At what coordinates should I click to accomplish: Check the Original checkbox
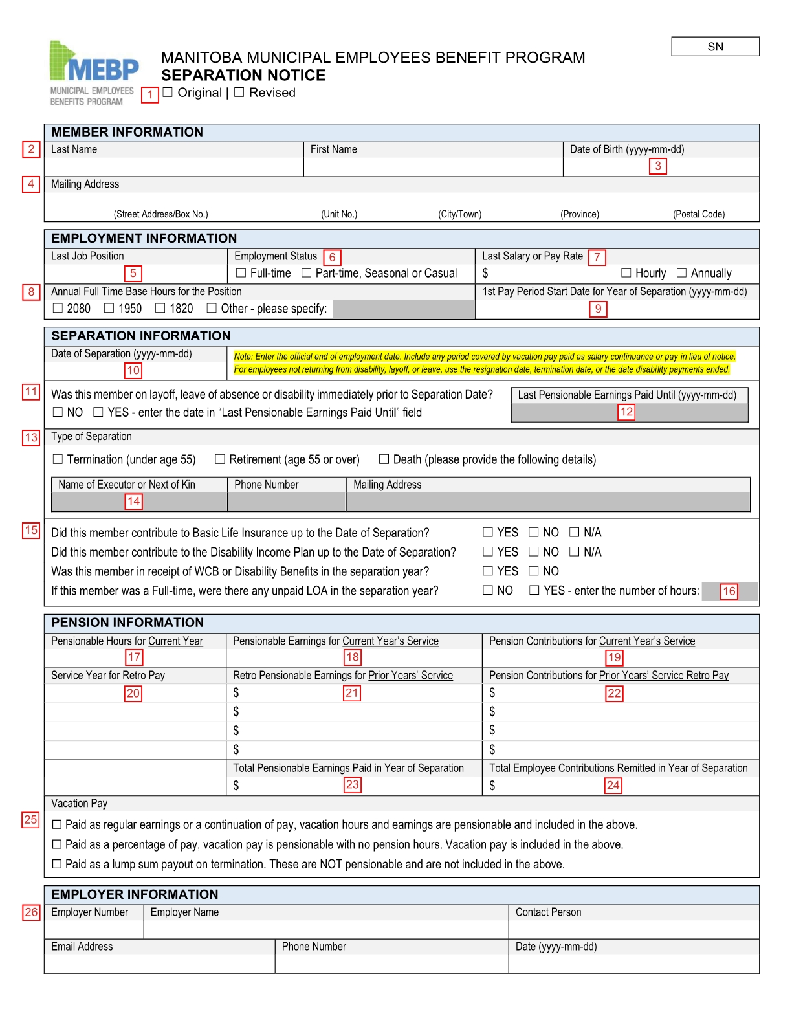pos(168,93)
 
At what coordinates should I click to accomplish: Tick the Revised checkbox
pos(239,93)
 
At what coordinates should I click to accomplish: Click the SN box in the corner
pos(715,47)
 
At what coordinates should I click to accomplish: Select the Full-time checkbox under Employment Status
pos(241,273)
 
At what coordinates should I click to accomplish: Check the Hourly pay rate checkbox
pos(626,273)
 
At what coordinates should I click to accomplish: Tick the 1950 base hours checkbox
pos(109,308)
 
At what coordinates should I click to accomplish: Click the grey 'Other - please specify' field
pos(403,309)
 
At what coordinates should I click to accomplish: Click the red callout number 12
pos(626,412)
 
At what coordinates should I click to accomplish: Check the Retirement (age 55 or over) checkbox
pos(220,459)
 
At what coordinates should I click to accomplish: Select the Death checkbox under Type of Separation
pos(384,459)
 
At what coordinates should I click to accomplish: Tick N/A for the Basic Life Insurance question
pos(574,532)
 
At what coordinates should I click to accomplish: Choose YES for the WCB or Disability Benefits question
pos(488,571)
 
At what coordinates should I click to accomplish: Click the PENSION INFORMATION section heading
pos(127,623)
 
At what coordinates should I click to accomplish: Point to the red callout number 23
pos(353,785)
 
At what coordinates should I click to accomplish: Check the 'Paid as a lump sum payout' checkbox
pos(57,864)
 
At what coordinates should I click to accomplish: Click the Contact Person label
pos(548,912)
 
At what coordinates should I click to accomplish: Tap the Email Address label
pos(82,947)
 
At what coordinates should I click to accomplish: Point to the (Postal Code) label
pos(699,214)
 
